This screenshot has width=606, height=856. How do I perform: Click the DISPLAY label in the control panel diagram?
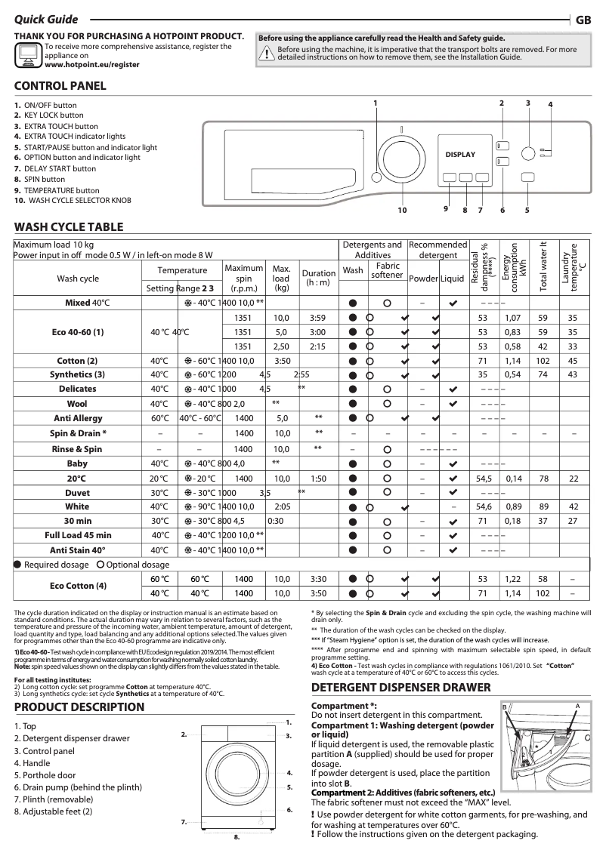pos(460,155)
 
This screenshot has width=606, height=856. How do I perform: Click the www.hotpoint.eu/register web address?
pos(92,65)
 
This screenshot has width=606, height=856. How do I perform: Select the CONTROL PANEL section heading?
pos(60,86)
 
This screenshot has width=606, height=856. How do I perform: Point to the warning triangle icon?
pos(266,53)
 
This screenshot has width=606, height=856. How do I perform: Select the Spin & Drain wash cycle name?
pos(78,433)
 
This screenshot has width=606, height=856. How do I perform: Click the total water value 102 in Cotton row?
pos(543,361)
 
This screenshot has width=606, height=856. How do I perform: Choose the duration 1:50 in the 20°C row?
pos(318,479)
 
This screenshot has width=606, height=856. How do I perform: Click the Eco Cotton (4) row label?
pos(78,586)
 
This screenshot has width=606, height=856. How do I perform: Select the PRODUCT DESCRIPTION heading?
pos(79,707)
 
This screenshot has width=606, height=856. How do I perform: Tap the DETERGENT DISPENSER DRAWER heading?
pos(401,688)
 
